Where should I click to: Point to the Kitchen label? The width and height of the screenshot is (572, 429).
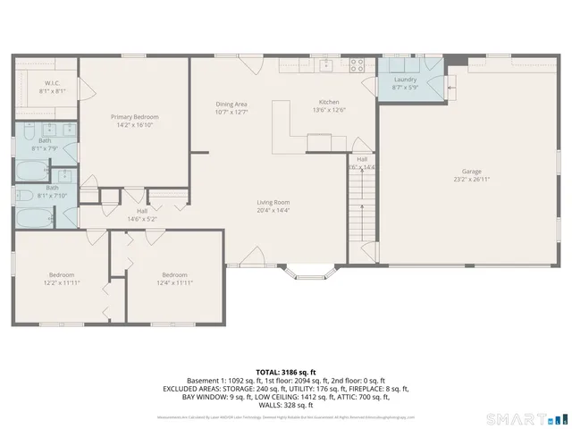click(329, 102)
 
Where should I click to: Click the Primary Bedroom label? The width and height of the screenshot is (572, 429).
click(134, 117)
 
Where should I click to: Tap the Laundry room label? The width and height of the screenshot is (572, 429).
click(404, 80)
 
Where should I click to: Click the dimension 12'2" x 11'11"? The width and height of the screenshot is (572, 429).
click(62, 282)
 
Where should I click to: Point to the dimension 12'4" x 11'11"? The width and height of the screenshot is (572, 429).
click(174, 282)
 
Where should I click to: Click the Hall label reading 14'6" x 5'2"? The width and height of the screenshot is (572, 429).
click(142, 219)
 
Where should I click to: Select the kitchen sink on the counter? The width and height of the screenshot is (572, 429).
click(326, 65)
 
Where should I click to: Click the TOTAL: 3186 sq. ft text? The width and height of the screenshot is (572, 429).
click(286, 371)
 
